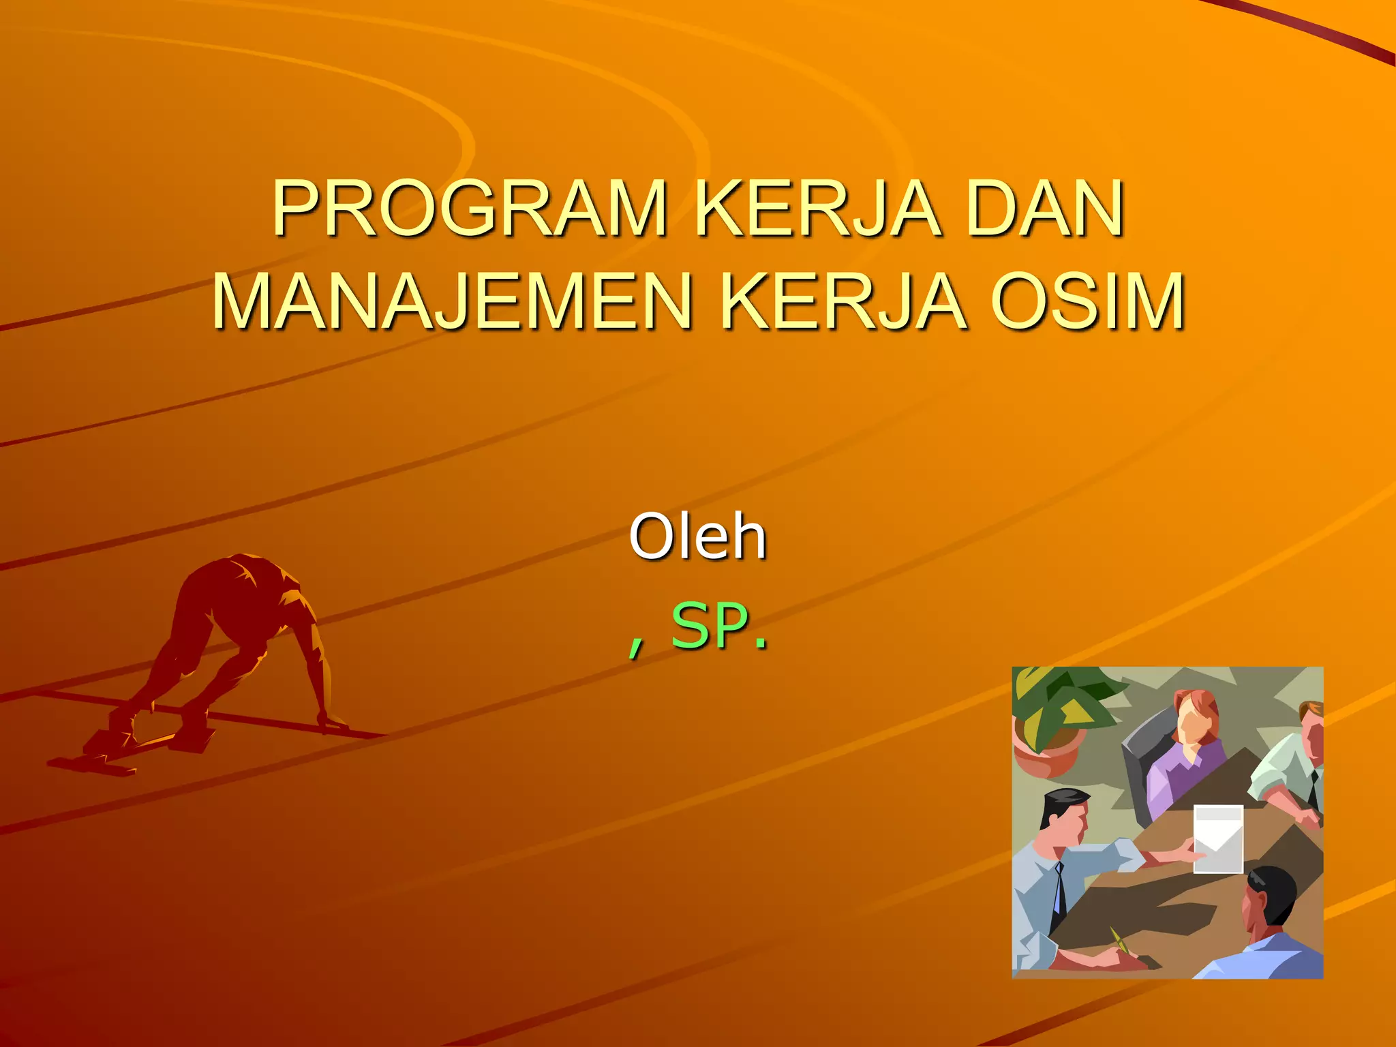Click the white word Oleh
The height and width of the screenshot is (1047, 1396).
coord(697,537)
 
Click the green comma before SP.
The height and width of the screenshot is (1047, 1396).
coord(635,644)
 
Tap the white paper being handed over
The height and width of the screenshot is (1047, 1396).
coord(1218,838)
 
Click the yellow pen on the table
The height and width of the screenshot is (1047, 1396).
coord(1119,941)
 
